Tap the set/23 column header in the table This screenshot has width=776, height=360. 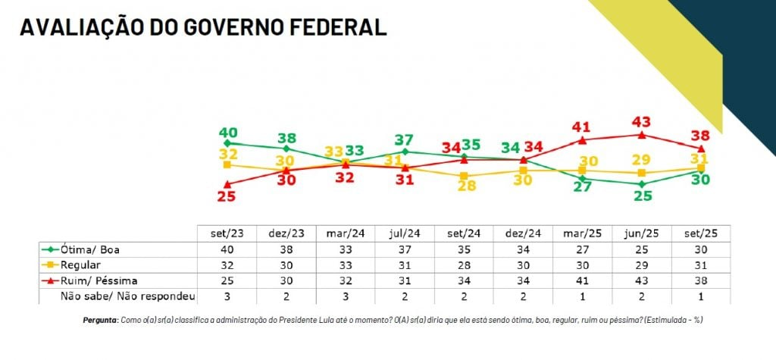point(227,232)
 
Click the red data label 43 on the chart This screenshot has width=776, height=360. point(642,121)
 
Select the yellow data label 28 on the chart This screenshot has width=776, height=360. point(466,186)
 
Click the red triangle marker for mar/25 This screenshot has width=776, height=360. point(582,140)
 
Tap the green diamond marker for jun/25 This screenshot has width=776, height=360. point(641,183)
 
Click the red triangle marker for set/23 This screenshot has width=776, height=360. point(227,183)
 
